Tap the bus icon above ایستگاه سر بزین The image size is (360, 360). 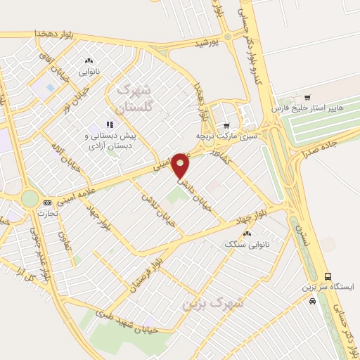pyautogui.click(x=328, y=276)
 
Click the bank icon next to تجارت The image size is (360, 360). pyautogui.click(x=47, y=202)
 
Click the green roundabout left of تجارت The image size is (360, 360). pyautogui.click(x=30, y=198)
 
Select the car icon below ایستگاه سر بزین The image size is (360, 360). pyautogui.click(x=312, y=301)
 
